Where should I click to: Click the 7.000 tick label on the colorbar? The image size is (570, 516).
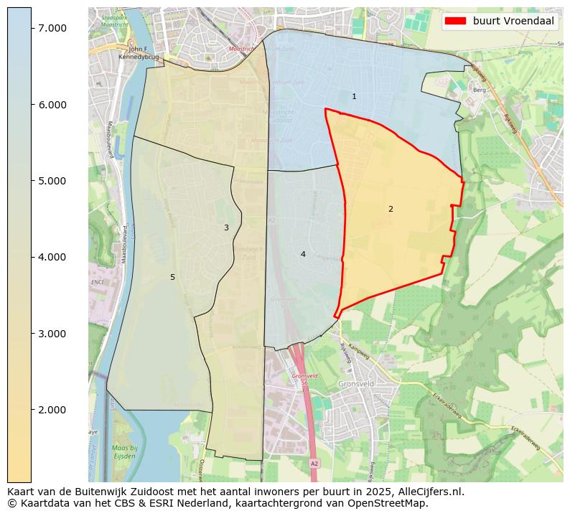point(52,28)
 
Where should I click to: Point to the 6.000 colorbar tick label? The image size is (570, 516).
point(52,105)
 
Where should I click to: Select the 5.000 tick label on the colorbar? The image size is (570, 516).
point(52,181)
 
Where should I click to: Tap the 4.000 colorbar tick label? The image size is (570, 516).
point(52,257)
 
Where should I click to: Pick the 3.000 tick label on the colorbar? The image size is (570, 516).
point(52,334)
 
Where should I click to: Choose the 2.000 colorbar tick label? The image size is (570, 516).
point(52,410)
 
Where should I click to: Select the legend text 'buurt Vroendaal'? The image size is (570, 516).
point(513,22)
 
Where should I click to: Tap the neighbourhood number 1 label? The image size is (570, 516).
point(354,96)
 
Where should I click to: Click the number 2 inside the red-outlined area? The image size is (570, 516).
point(391,209)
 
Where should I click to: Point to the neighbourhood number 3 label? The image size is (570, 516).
point(226,227)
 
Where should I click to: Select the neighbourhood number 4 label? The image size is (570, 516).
point(303,254)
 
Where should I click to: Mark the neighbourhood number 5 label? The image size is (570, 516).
point(172,277)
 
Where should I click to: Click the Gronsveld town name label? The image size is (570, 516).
point(356,384)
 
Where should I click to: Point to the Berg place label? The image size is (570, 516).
point(480,90)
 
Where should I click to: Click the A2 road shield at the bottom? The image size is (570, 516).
point(314,464)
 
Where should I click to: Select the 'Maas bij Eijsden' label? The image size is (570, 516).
point(104,451)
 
